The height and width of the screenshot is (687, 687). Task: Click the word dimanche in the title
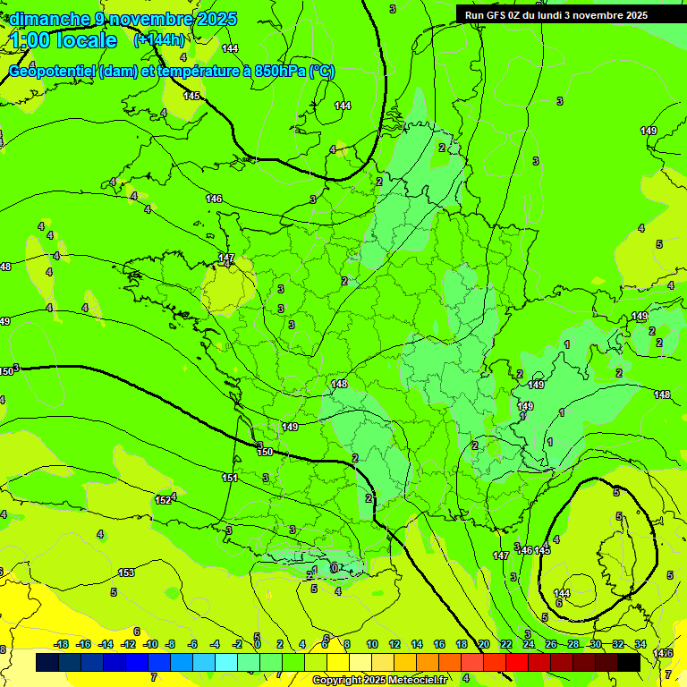50,19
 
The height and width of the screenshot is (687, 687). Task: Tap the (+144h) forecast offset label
158,40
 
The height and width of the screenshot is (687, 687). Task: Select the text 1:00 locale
64,40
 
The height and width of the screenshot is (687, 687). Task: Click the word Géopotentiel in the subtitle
53,72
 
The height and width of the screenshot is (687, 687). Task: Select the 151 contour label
230,479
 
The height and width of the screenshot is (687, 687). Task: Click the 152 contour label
163,500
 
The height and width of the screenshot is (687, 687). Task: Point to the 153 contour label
126,572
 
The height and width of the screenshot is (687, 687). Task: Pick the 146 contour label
214,199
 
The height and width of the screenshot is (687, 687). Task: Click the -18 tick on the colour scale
61,645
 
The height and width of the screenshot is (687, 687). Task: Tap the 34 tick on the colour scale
640,645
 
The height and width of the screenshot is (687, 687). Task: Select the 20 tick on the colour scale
484,645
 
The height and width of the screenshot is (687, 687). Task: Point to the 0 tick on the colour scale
258,645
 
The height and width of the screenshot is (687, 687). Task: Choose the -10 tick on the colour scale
150,645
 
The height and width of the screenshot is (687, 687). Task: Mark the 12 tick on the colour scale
394,645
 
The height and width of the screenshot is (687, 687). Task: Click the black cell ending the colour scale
629,662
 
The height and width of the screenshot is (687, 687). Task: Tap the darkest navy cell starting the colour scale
47,662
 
